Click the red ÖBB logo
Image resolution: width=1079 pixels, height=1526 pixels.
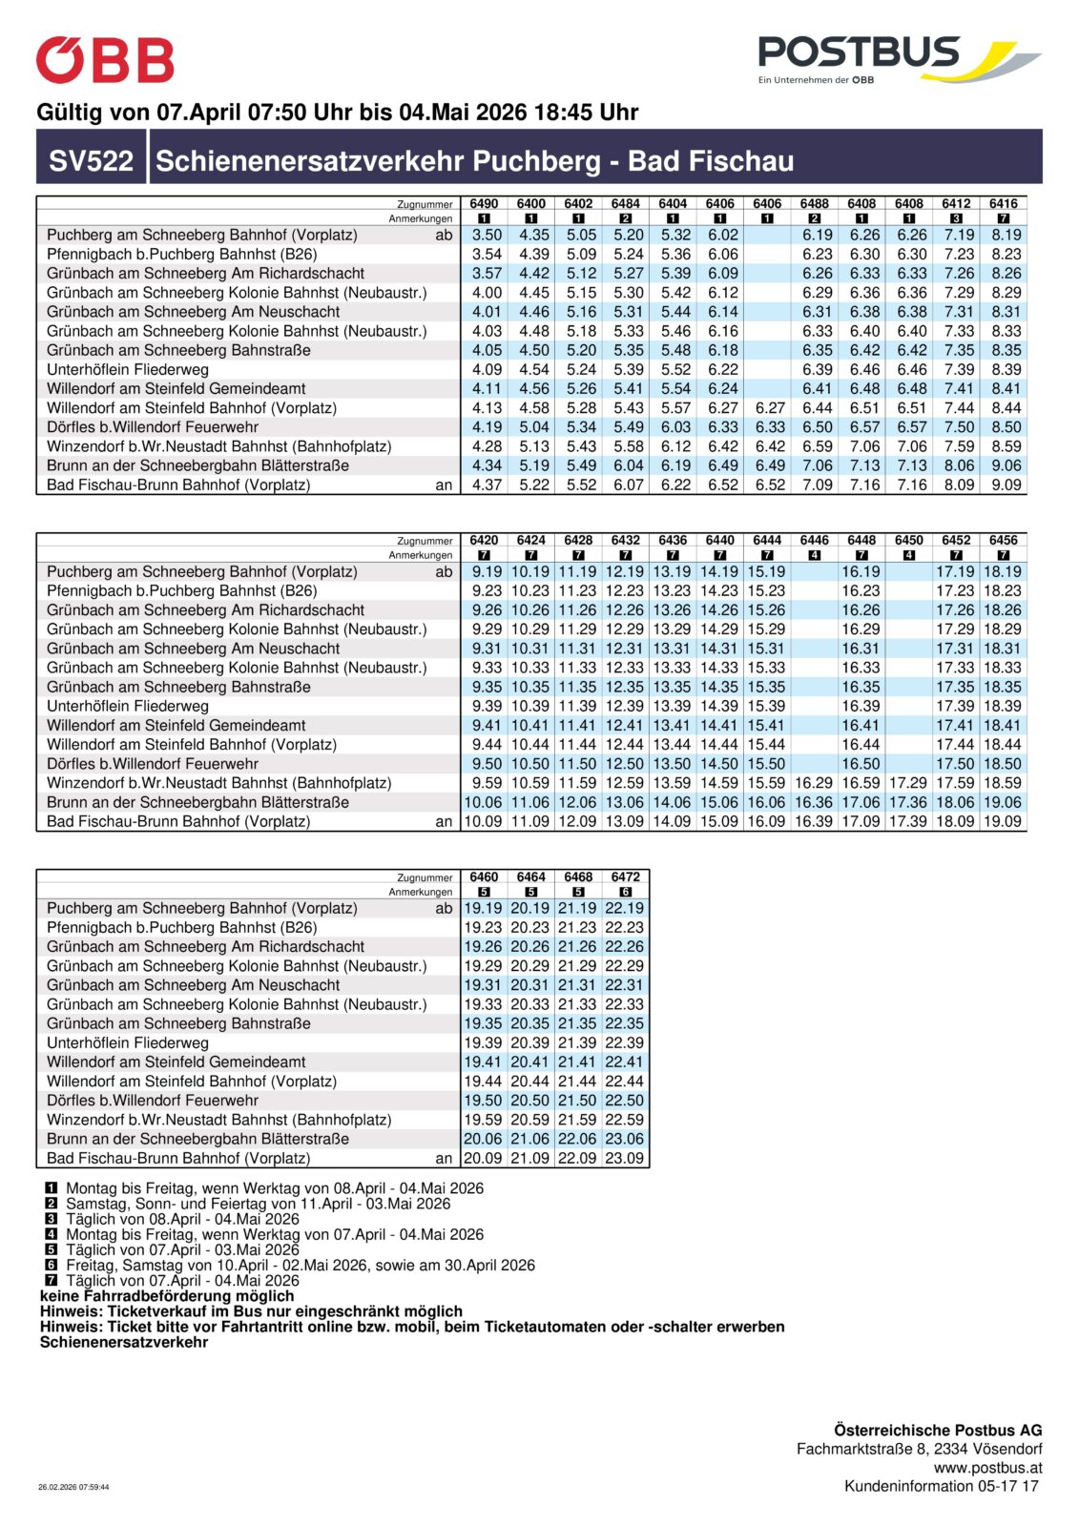coord(105,60)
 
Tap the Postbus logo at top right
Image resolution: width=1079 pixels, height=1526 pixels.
coord(898,59)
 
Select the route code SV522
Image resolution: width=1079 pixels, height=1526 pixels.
coord(92,160)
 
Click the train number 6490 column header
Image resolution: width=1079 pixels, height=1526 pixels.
coord(484,203)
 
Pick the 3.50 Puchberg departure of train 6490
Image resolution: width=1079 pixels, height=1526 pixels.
coord(487,235)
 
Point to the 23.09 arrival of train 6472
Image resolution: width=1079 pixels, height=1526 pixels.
coord(625,1158)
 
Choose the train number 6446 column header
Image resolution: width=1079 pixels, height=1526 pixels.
coord(814,540)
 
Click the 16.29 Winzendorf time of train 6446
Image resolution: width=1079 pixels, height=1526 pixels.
coord(814,782)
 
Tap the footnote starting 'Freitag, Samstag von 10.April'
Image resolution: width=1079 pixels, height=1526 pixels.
coord(300,1265)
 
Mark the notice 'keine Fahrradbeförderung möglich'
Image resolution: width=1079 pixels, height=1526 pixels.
coord(167,1295)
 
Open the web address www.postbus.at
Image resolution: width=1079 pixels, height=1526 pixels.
coord(987,1468)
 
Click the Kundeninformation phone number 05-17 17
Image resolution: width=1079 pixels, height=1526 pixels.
coord(1011,1486)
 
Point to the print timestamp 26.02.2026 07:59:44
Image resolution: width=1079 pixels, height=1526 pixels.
coord(73,1487)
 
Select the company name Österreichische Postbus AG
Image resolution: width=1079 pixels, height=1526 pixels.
coord(937,1430)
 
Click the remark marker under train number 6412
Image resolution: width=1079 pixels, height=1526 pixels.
coord(956,218)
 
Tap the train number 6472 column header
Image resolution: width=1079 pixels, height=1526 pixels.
coord(625,876)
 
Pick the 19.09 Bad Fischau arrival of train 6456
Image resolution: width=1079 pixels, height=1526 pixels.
coord(1003,821)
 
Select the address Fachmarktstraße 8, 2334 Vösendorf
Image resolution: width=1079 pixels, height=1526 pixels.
coord(919,1449)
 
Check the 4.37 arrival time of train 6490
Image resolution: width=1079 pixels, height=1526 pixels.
coord(487,485)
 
